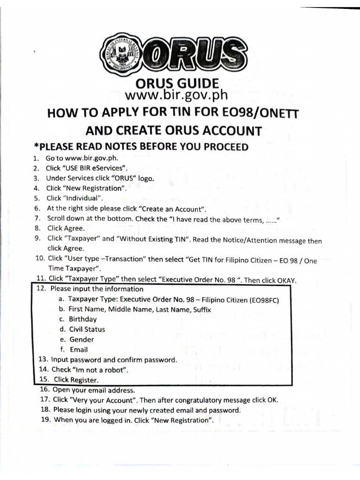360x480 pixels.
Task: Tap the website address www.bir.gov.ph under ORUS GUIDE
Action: pos(177,95)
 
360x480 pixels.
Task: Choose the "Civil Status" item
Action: pos(87,329)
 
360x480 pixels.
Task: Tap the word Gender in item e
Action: pos(82,339)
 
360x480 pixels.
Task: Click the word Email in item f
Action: pos(79,350)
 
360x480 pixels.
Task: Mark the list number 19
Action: pos(45,420)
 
